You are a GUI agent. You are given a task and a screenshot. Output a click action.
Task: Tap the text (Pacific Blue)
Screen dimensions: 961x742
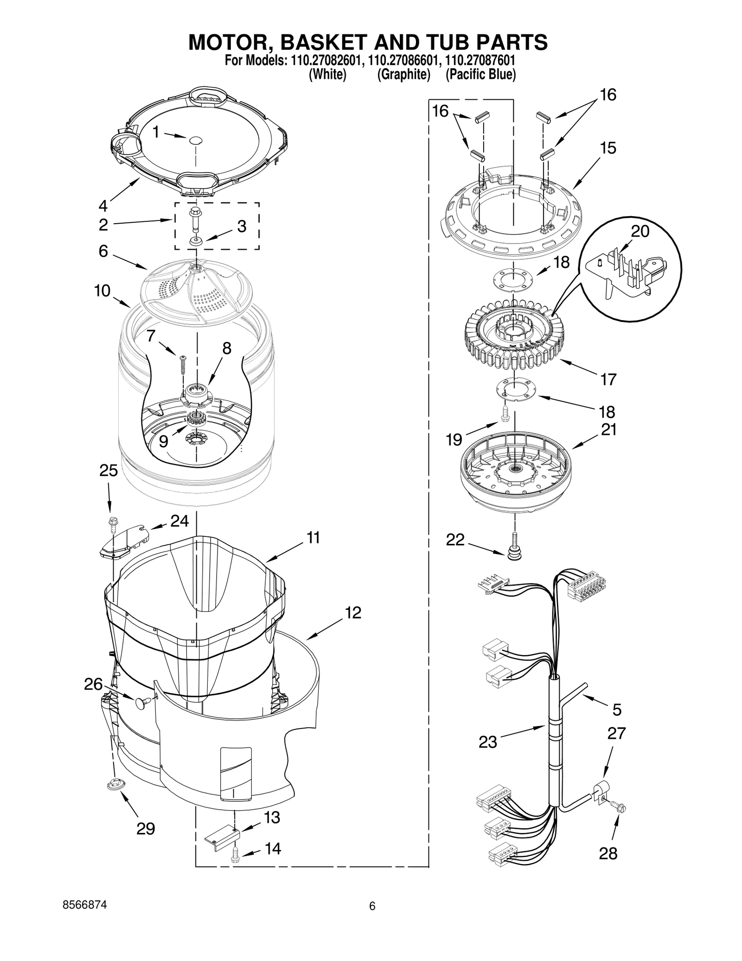tap(480, 74)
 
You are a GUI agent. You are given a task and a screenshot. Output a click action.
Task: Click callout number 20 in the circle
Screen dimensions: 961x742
tap(640, 231)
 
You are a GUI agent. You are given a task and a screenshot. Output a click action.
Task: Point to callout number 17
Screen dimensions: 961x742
tap(608, 379)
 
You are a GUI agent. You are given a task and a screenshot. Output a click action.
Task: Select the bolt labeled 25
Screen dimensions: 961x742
tap(112, 522)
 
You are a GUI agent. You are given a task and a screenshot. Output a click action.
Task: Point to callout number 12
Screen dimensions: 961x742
tap(353, 613)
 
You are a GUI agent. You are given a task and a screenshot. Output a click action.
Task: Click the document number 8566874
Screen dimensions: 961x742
tap(84, 905)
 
